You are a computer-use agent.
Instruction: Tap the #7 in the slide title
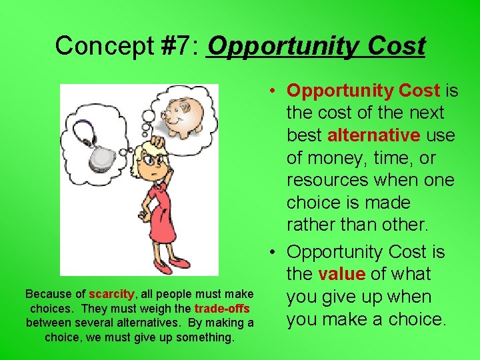(x=175, y=46)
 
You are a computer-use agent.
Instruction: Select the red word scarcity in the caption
(x=111, y=294)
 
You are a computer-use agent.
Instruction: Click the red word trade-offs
(x=222, y=309)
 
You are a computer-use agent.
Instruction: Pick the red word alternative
(x=373, y=135)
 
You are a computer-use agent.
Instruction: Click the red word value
(x=341, y=274)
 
